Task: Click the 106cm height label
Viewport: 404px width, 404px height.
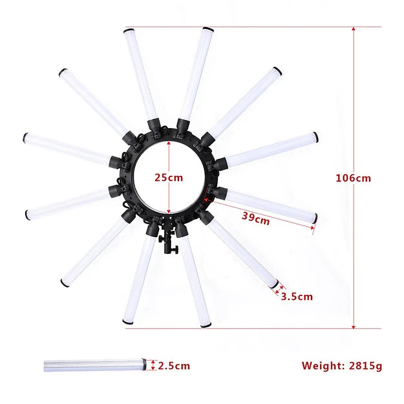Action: coord(353,178)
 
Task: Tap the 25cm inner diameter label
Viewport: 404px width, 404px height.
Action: coord(169,178)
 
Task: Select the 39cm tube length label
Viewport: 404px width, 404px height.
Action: coord(255,218)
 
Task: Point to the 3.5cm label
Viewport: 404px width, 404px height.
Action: coord(297,297)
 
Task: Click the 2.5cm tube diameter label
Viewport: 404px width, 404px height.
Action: coord(174,366)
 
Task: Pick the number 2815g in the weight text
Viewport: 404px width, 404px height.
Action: coord(366,366)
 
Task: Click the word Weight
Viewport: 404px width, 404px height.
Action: coord(323,366)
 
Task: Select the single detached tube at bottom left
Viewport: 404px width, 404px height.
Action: coord(95,365)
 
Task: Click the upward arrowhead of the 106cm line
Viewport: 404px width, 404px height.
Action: coord(354,28)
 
